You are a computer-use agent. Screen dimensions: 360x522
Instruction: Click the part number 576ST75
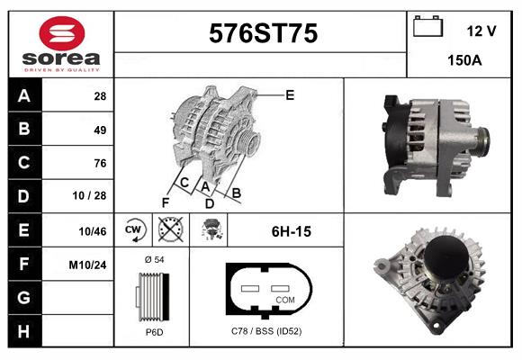pos(262,33)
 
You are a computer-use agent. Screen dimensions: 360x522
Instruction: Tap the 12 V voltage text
pos(481,31)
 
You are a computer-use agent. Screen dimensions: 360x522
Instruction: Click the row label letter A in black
pos(22,95)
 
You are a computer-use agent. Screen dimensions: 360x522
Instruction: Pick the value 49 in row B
pos(100,130)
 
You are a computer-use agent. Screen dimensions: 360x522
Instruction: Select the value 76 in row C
pos(100,163)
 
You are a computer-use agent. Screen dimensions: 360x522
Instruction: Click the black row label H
pos(22,331)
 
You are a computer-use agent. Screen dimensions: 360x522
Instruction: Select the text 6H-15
pos(291,231)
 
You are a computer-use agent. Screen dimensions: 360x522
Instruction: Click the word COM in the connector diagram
pos(285,299)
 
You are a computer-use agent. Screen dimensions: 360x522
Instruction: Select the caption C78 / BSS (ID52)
pos(266,332)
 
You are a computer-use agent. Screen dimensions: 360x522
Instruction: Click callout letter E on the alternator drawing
pos(290,94)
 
